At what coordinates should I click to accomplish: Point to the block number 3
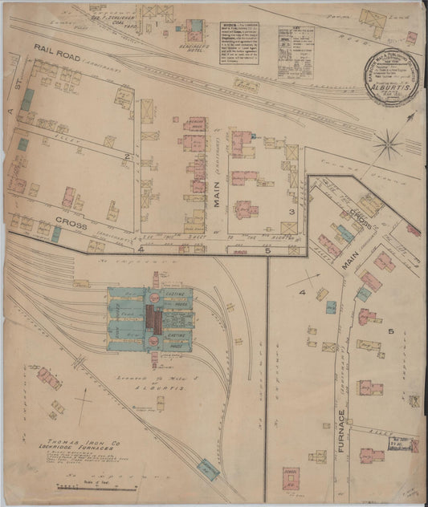[x=293, y=211]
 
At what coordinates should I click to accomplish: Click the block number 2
[x=127, y=155]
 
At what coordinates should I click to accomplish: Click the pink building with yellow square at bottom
[x=290, y=478]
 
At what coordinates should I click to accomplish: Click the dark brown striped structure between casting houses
[x=157, y=322]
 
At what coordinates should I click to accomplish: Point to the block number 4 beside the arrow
[x=304, y=294]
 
